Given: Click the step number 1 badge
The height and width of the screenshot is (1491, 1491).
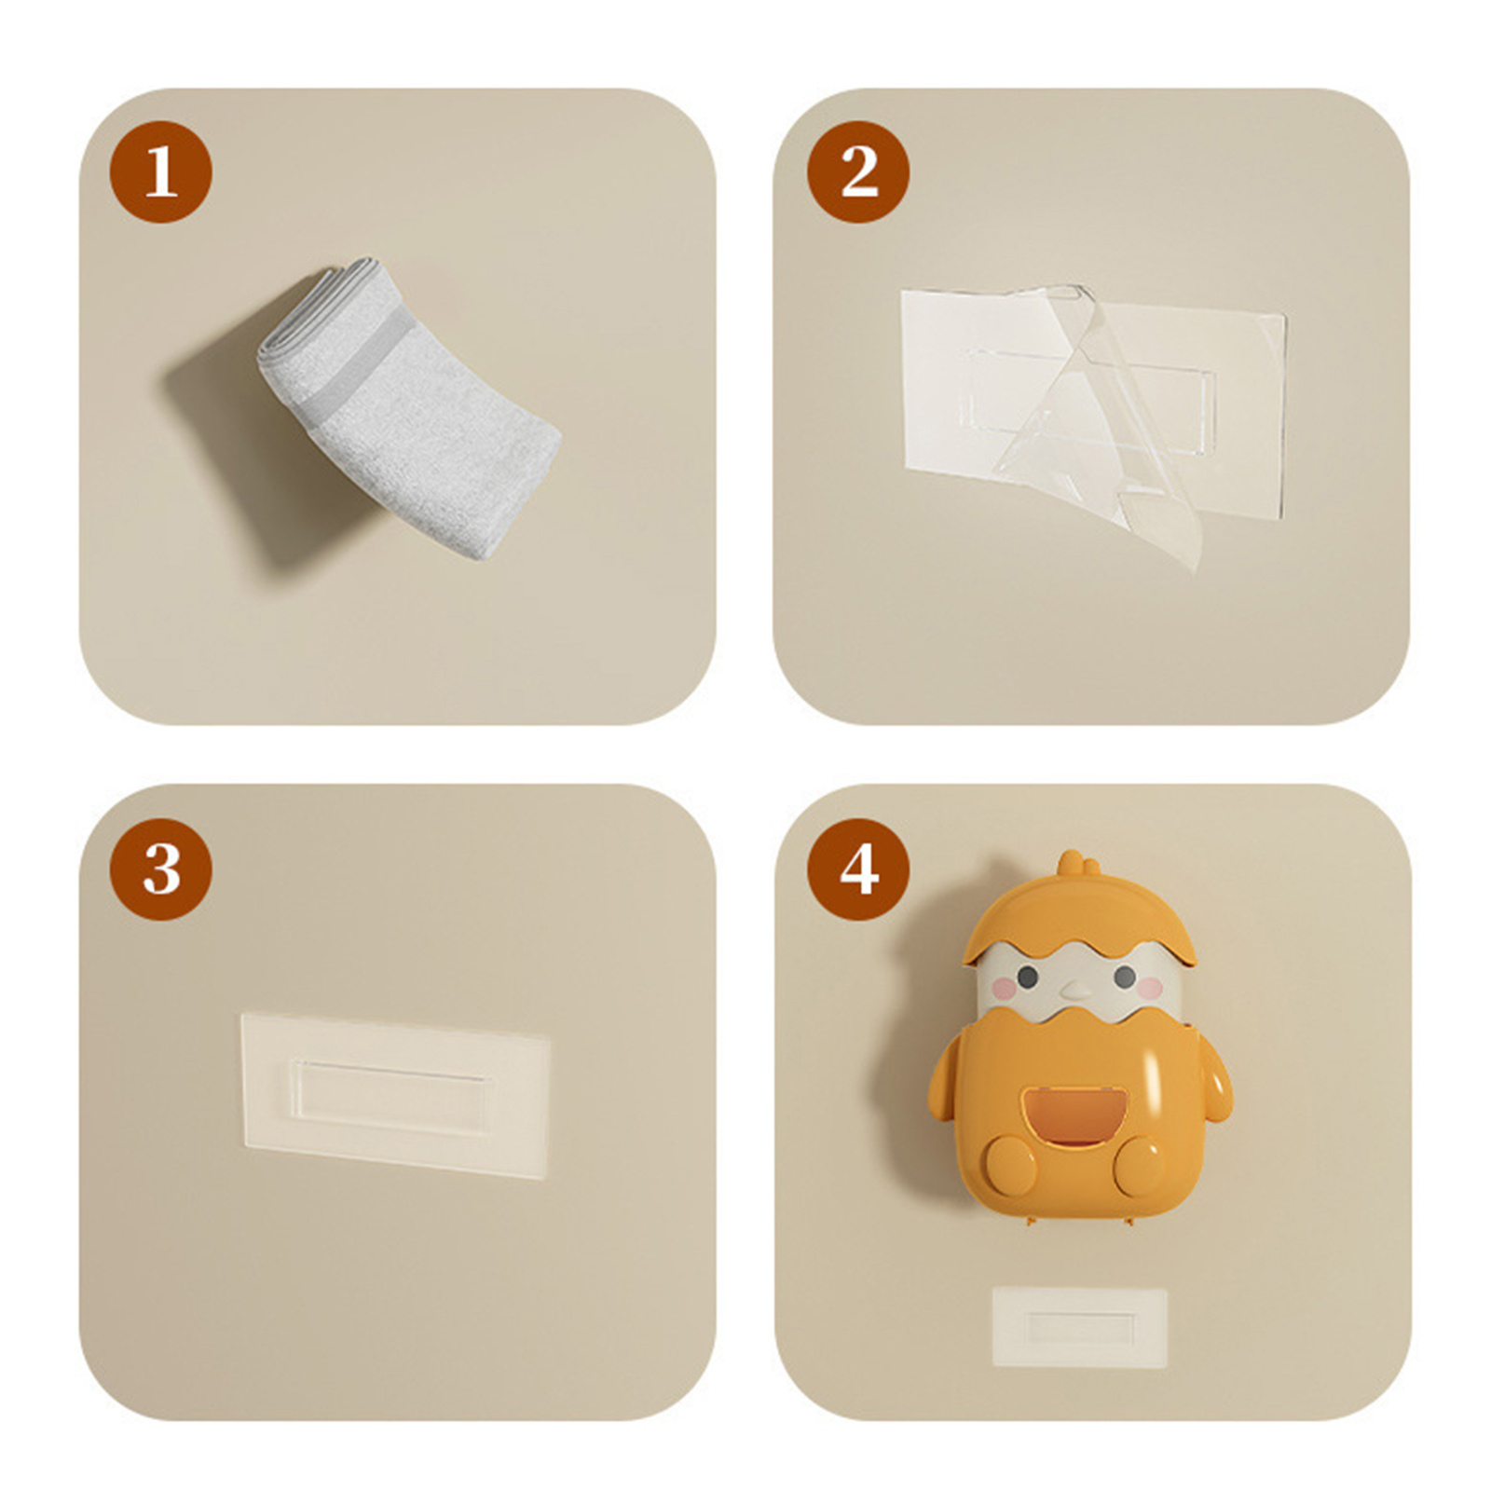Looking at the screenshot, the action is (161, 171).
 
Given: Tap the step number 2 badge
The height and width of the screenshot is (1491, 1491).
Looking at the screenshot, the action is (858, 171).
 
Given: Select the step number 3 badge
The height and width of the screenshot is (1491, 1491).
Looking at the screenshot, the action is (161, 869).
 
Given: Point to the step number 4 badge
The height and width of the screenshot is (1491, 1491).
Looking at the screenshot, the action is (858, 869).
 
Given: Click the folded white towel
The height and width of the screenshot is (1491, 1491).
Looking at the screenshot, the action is (408, 408).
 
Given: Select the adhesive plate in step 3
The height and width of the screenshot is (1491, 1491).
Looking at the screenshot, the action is (395, 1096).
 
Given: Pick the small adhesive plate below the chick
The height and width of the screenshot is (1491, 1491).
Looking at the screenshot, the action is (1080, 1327).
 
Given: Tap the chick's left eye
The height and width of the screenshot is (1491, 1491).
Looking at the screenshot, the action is (1027, 978).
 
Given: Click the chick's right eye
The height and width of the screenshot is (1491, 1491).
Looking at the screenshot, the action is (1125, 978).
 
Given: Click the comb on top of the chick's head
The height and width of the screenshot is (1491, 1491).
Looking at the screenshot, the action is (1078, 865).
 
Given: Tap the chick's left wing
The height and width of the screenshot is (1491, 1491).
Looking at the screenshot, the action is (944, 1079).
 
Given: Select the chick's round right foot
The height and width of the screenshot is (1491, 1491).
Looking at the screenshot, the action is (1139, 1166).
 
